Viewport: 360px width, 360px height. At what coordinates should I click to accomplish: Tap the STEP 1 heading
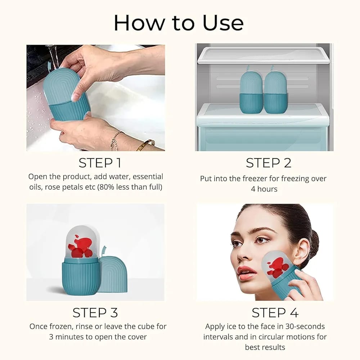100,163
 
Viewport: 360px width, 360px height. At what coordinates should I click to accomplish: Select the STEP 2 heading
269,163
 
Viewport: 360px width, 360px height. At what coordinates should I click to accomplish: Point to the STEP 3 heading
95,312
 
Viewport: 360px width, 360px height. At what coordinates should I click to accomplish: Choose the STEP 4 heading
275,312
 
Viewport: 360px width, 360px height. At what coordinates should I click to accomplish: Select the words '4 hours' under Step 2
264,189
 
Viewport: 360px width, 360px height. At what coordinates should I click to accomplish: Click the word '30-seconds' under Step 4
306,327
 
